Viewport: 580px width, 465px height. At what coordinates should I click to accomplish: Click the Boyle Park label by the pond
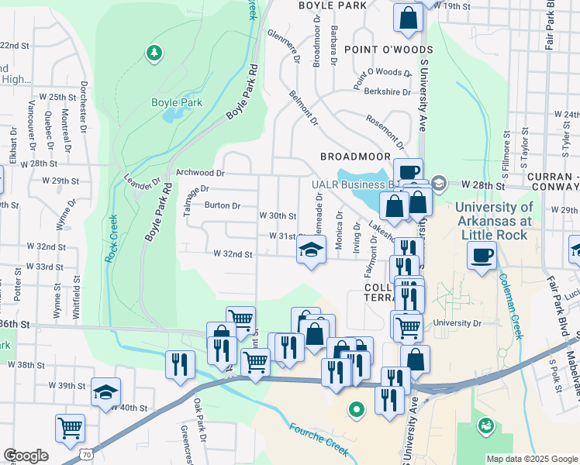point(176,102)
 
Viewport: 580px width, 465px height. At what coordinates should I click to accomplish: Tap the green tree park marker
point(155,53)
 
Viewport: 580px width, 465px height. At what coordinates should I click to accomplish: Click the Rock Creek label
point(111,237)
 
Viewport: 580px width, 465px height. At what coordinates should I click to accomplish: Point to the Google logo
point(26,456)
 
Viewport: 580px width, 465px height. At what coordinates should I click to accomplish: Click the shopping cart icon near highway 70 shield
point(70,427)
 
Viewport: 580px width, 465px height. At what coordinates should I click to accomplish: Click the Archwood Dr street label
point(200,173)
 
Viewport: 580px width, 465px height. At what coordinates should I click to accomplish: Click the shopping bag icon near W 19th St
point(408,18)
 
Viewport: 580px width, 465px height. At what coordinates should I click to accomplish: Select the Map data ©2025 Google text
point(532,459)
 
